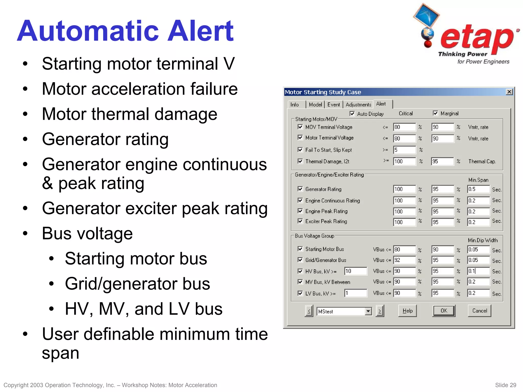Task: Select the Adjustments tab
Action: (x=358, y=105)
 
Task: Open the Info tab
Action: (x=295, y=105)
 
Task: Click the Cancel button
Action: (x=479, y=311)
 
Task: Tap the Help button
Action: (x=407, y=311)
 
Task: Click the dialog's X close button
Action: (x=509, y=92)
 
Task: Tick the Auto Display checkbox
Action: (x=352, y=114)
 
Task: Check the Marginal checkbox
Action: (x=436, y=113)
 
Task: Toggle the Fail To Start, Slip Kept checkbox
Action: (x=300, y=150)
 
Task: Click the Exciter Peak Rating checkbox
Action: (x=300, y=221)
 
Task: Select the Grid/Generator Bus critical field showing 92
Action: (x=404, y=260)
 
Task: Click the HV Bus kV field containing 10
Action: (x=355, y=271)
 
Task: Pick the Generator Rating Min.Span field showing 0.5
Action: (x=478, y=189)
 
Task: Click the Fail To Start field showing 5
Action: (x=404, y=150)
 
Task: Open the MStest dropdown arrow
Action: (x=368, y=311)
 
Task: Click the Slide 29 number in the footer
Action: (x=505, y=385)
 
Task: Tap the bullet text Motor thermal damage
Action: (x=129, y=114)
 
